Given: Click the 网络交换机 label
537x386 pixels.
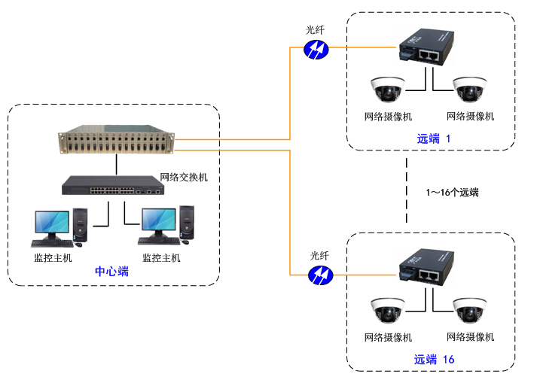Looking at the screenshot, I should [x=184, y=178].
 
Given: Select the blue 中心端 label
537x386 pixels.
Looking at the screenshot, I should [x=111, y=272].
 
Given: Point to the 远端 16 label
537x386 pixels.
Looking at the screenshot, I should [x=435, y=360].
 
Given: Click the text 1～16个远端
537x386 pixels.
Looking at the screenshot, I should [x=452, y=193].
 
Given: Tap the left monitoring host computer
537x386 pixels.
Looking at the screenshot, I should [x=56, y=226].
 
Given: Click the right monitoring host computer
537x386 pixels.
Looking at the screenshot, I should [x=165, y=226].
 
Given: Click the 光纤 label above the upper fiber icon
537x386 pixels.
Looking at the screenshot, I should [x=315, y=30].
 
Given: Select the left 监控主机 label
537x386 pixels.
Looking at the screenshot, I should [x=53, y=258].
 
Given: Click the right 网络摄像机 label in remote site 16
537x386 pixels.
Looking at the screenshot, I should [x=470, y=337].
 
